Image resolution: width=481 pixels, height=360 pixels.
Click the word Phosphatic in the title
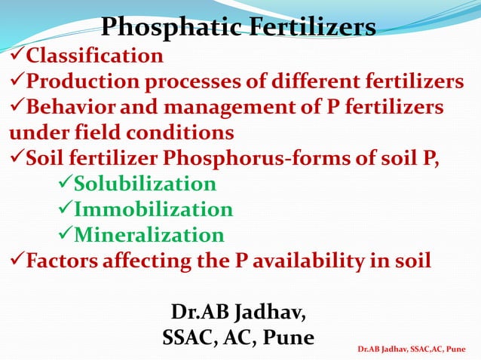point(167,28)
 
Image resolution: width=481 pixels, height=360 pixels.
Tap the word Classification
point(94,56)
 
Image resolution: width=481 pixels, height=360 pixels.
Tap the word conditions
point(181,133)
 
